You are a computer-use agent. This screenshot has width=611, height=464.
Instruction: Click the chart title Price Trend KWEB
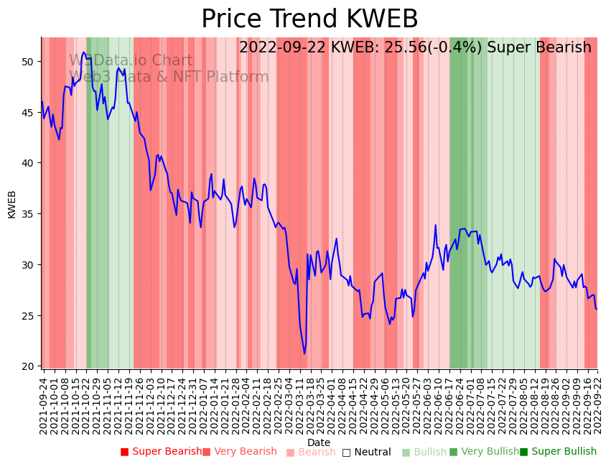point(309,19)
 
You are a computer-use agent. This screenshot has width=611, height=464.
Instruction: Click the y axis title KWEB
point(11,204)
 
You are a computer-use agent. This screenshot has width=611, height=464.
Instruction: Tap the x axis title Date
point(319,442)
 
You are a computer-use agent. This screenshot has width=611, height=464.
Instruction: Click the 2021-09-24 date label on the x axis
point(43,407)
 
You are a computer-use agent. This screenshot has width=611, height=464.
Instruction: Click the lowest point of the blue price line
point(304,353)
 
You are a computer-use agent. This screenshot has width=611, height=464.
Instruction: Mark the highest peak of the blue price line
point(83,52)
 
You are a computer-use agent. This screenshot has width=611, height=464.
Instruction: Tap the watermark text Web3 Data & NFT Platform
point(169,77)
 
